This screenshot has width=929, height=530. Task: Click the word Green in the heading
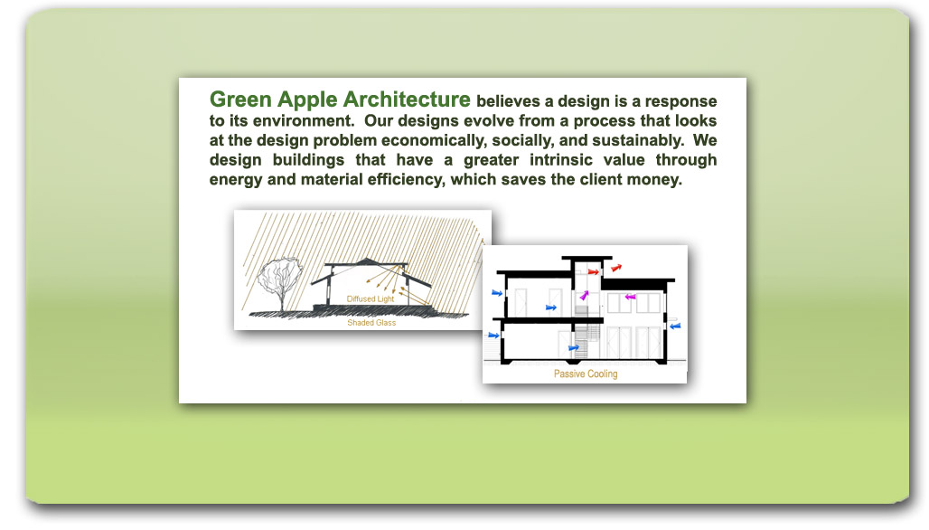pyautogui.click(x=240, y=99)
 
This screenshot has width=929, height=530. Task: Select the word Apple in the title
pyautogui.click(x=307, y=100)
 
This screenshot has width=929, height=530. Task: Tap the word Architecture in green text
pyautogui.click(x=407, y=99)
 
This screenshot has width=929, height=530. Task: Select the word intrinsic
pyautogui.click(x=560, y=160)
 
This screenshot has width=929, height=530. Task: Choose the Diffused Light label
pyautogui.click(x=371, y=298)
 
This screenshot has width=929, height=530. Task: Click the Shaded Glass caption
pyautogui.click(x=371, y=323)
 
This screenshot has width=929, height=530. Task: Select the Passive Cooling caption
pyautogui.click(x=586, y=374)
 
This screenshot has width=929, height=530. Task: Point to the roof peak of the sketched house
pyautogui.click(x=367, y=259)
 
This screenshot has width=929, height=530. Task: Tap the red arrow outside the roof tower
pyautogui.click(x=616, y=268)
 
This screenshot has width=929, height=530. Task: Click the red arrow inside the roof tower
pyautogui.click(x=593, y=272)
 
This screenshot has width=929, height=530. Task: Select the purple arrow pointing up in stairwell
pyautogui.click(x=584, y=295)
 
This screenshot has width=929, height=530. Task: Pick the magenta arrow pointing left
pyautogui.click(x=631, y=297)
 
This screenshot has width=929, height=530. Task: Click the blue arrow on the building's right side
pyautogui.click(x=675, y=327)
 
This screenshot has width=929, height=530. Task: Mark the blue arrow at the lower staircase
pyautogui.click(x=574, y=348)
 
